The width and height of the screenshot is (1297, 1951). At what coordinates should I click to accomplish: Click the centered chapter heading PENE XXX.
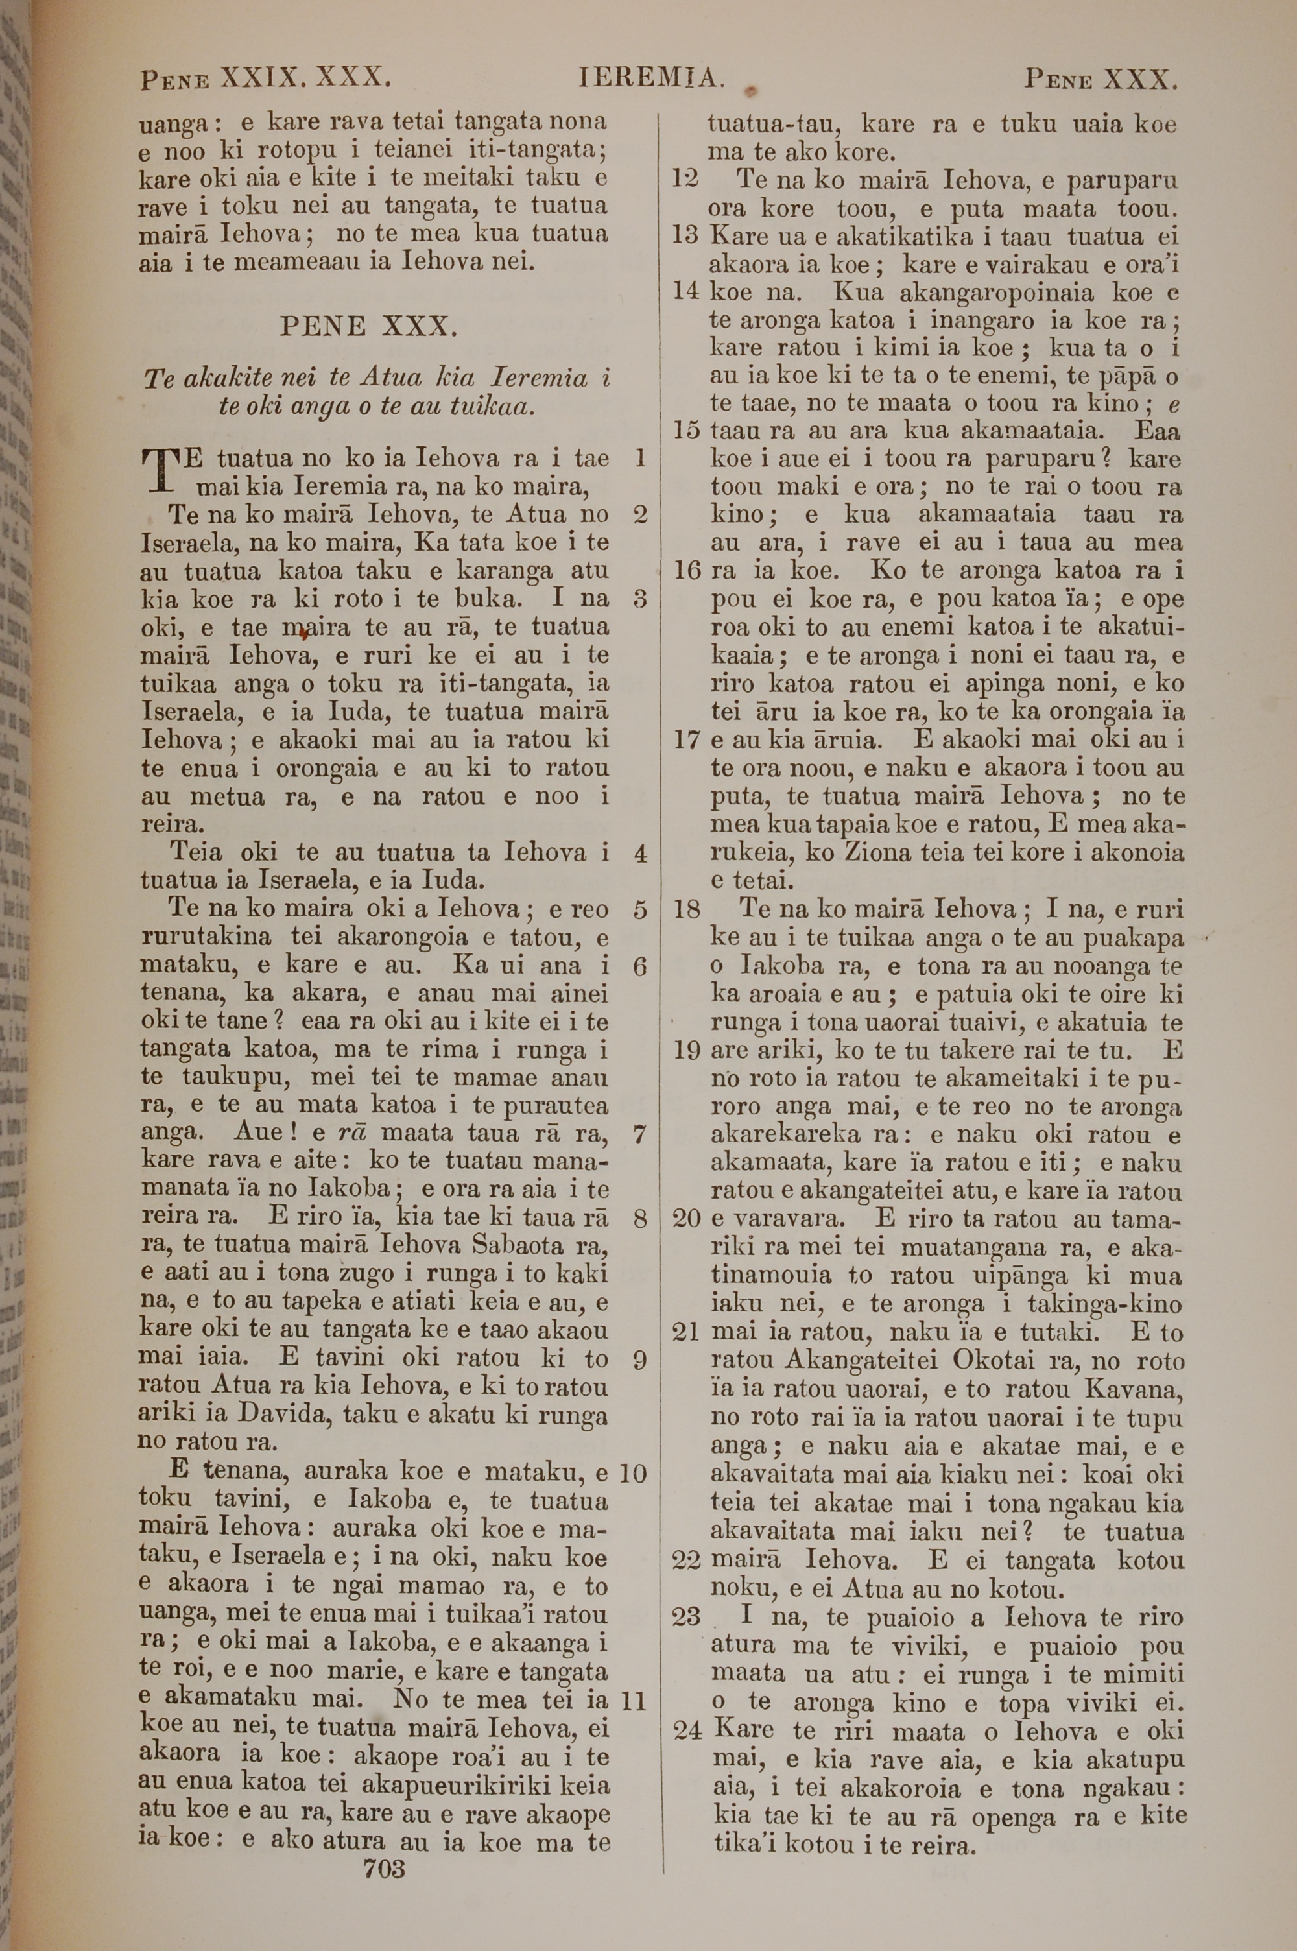pyautogui.click(x=369, y=327)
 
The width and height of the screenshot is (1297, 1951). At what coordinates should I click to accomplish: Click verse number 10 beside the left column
pyautogui.click(x=633, y=1473)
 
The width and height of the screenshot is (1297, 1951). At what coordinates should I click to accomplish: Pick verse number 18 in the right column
pyautogui.click(x=687, y=910)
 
